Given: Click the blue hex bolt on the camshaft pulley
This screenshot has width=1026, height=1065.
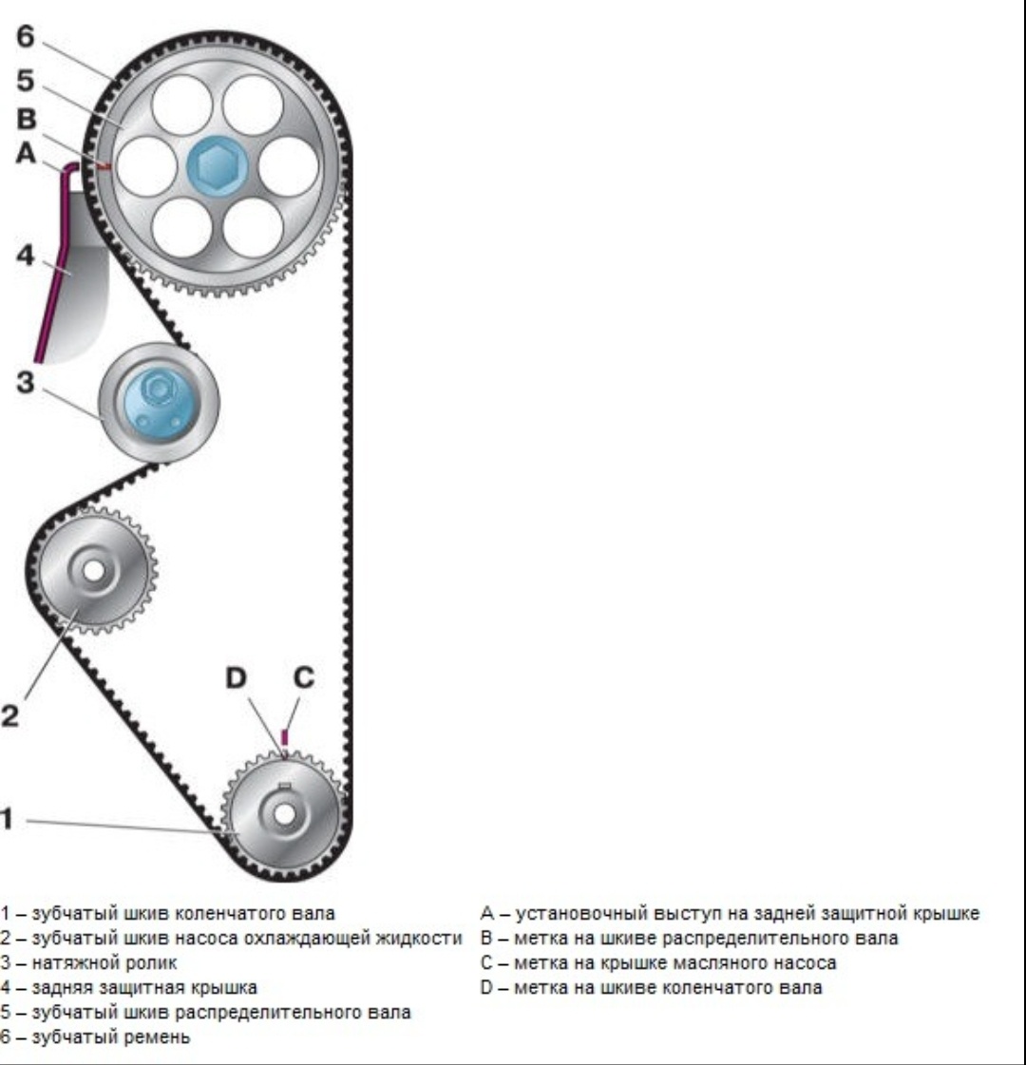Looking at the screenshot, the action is coord(217,166).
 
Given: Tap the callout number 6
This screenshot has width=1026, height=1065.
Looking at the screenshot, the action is coord(25,37).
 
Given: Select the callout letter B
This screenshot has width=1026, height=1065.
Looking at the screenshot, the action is coord(26,119).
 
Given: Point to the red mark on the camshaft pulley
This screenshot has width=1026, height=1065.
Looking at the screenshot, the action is coord(104,165).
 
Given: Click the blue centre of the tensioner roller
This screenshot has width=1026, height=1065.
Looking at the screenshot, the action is coord(159,404).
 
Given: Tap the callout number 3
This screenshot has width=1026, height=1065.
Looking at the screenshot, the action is coord(25,382).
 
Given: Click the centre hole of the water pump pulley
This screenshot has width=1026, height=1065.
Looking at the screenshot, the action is coord(94,571).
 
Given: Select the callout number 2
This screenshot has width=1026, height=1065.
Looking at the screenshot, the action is coord(9,716).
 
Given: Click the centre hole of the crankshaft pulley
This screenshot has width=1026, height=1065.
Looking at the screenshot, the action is coord(284,813).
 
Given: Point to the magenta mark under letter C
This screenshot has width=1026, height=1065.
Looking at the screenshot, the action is coord(285,736).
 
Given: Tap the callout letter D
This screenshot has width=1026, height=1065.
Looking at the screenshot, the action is coord(236,677).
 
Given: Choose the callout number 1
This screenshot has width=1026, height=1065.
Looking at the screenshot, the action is coord(7,818).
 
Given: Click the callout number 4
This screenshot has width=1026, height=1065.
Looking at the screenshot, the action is coord(25,256).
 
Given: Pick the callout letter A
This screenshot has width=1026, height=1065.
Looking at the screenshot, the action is coord(26,153).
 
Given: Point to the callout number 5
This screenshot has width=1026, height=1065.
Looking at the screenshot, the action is coord(25,80).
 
